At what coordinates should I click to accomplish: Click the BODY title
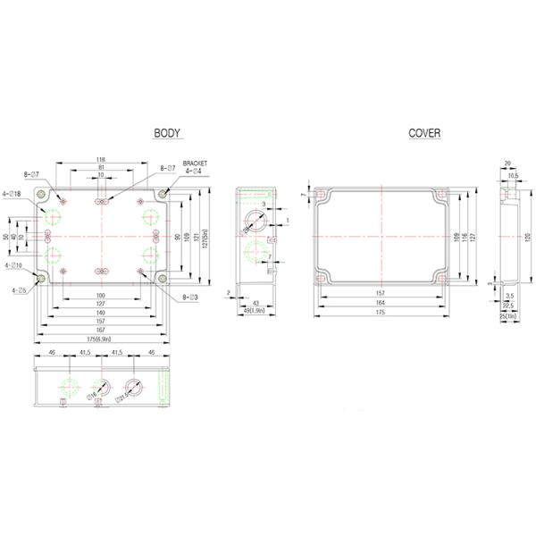click(167, 133)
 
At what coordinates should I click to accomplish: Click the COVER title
click(424, 133)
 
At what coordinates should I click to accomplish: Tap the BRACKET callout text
click(195, 163)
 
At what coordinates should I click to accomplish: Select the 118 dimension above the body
click(101, 159)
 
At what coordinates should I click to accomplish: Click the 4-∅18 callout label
click(13, 193)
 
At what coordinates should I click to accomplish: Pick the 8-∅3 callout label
click(190, 296)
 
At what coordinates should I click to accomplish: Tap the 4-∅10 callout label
click(14, 265)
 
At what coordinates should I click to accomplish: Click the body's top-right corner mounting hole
click(162, 194)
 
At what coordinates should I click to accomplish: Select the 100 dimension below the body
click(101, 296)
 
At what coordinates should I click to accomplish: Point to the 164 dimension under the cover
click(381, 303)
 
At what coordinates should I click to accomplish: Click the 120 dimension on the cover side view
click(527, 235)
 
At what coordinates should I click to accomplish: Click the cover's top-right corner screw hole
click(440, 196)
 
